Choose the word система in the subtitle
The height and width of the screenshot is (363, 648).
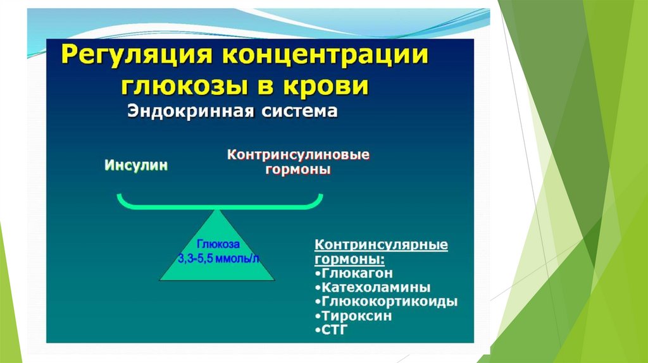tap(297, 112)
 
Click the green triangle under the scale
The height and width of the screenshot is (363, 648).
tap(217, 266)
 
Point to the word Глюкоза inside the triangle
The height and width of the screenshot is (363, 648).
tap(217, 243)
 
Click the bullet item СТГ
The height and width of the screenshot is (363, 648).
tap(335, 329)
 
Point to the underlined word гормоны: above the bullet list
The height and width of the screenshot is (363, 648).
tap(349, 259)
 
